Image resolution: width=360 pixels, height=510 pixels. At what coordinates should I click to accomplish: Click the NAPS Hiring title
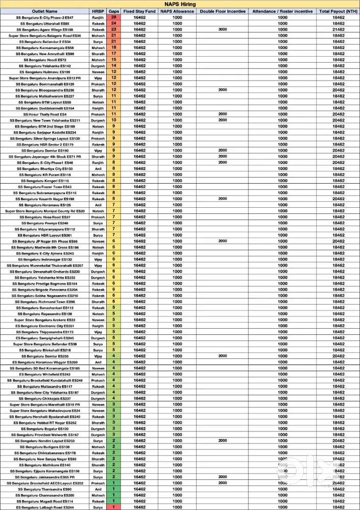coord(180,4)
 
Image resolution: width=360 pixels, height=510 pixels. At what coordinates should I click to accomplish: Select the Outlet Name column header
coord(44,11)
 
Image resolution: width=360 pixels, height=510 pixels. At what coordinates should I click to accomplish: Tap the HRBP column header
coord(98,11)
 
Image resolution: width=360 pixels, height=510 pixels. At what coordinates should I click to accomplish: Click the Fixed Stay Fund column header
coord(140,11)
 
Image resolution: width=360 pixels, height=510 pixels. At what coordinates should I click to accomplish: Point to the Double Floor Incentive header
coord(222,11)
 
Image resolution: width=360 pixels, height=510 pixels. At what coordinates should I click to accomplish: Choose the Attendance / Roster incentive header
coord(282,11)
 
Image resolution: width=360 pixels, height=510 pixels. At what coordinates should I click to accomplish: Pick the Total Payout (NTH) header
coord(338,11)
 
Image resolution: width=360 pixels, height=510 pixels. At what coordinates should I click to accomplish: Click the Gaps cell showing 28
coord(114,17)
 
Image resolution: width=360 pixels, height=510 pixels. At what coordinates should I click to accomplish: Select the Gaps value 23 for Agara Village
coord(114,30)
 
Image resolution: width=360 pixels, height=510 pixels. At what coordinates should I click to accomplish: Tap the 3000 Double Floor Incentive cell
coord(222,30)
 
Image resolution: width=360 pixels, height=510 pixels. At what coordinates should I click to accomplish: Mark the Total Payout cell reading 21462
coord(338,30)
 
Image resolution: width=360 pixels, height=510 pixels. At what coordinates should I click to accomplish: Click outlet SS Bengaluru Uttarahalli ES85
coord(44,23)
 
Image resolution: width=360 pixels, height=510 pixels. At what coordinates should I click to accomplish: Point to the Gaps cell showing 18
coord(114,47)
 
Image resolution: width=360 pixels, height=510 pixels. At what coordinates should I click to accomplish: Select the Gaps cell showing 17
coord(114,54)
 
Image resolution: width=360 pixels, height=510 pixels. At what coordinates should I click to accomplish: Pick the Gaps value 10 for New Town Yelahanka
coord(114,120)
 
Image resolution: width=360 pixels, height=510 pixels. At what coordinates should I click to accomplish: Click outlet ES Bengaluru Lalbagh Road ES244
coord(44,507)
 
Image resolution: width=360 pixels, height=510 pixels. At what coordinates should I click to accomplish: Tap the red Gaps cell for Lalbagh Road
coord(114,507)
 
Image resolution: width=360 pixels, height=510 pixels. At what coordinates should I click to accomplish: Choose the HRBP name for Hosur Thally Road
coord(98,114)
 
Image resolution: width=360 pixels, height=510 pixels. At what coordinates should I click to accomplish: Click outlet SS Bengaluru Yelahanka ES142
coord(44,66)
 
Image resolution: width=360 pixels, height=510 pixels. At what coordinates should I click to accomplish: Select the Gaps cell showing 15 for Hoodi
coord(114,60)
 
